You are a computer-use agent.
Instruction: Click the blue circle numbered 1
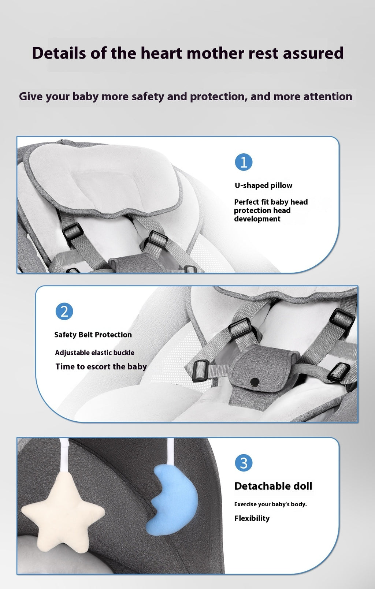coord(244,162)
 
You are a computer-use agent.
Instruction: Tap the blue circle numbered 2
coord(64,312)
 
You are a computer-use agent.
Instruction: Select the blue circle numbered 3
coord(244,463)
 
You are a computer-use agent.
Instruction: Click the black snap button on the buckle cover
coord(255,382)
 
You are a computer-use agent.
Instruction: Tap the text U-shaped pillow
coord(263,185)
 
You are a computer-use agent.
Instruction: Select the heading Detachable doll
coord(273,486)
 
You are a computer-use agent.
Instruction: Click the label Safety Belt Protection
coord(93,335)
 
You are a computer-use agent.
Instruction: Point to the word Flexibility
coord(252,518)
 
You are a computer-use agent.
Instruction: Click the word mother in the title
coord(216,53)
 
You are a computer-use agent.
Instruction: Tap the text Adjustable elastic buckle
coord(94,353)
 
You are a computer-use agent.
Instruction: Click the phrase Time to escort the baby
coord(101,366)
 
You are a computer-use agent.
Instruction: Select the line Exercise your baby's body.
coord(270,504)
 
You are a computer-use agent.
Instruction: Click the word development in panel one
coord(257,219)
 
